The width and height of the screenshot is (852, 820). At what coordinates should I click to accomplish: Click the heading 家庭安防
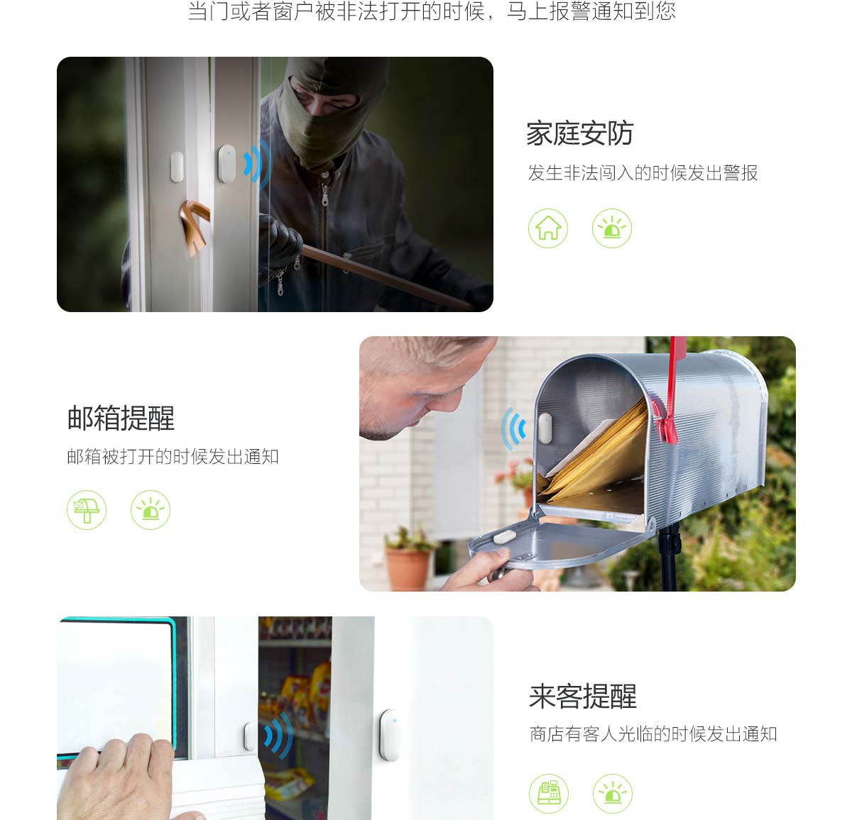(579, 133)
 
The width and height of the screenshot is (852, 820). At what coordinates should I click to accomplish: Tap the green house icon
(547, 228)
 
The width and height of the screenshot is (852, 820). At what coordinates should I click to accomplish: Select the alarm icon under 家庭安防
(611, 228)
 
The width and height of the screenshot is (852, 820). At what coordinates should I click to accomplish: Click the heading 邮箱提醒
(121, 418)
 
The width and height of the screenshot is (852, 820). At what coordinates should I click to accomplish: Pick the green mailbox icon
(86, 510)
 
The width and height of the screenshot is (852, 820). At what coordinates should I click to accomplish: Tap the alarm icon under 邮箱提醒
(151, 510)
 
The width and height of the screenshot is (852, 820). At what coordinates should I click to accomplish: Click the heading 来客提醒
(583, 697)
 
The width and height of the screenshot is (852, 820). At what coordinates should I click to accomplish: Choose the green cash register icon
(549, 793)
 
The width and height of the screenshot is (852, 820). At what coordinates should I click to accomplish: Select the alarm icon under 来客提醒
(613, 793)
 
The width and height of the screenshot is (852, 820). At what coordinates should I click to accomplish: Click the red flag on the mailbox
(670, 394)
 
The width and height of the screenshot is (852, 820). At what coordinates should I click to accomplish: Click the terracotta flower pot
(408, 569)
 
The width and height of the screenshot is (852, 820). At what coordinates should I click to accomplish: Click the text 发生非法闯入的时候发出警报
(643, 173)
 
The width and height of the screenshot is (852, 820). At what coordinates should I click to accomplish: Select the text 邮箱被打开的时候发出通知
(173, 457)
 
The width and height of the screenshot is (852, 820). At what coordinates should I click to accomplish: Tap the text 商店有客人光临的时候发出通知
(653, 734)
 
